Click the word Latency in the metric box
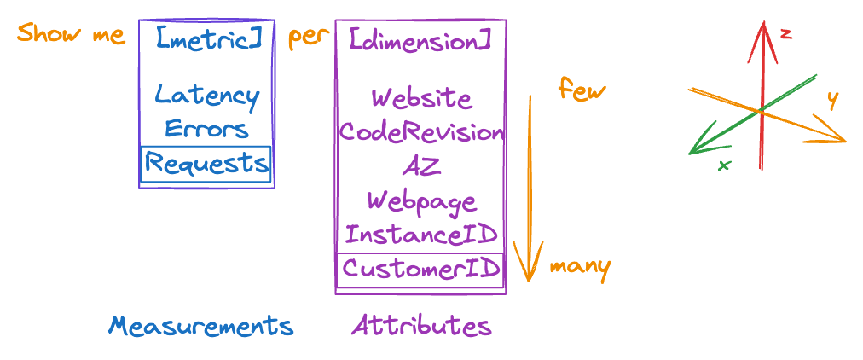point(207,97)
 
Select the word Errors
point(207,130)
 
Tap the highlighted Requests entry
point(206,164)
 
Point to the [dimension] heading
point(420,41)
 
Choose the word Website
point(421,100)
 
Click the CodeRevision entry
point(420,132)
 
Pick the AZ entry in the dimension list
point(421,165)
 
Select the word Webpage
point(421,201)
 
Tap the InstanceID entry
point(421,235)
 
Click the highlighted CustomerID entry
point(421,269)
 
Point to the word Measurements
point(201,326)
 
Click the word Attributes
point(421,326)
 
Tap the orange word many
point(581,268)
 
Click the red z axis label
point(786,34)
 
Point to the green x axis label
point(724,165)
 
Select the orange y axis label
point(833,101)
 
